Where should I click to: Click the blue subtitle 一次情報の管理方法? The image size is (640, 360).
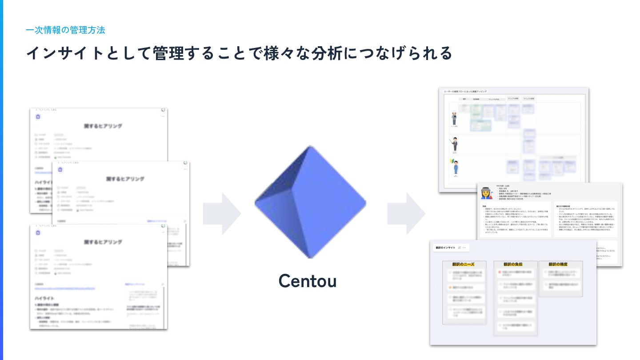pos(65,30)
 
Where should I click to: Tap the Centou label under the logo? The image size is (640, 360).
pos(308,281)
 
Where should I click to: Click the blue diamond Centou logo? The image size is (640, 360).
pos(310,202)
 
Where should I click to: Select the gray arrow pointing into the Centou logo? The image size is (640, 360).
pos(222,214)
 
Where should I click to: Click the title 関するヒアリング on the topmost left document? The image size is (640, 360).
pos(103,126)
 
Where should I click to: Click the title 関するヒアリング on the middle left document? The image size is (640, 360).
pos(125,179)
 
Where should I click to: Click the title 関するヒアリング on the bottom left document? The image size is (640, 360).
pos(103,242)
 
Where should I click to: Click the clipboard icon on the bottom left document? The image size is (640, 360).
pos(38,232)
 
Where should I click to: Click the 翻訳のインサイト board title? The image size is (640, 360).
pos(446,248)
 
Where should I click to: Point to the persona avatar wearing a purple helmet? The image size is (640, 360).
pos(485,193)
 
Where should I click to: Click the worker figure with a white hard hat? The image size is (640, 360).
pos(454,118)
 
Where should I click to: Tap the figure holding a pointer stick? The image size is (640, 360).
pos(455,144)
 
